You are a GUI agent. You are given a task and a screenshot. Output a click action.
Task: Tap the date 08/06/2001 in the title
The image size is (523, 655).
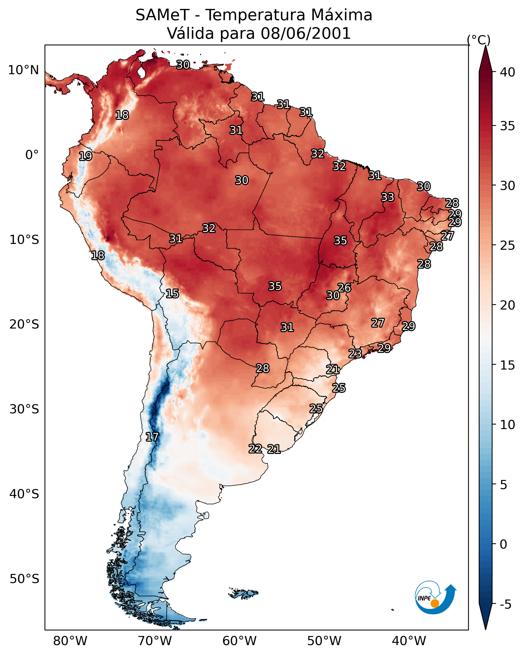pyautogui.click(x=305, y=33)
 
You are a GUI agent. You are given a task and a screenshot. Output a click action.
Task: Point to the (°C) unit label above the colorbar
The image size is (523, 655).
pyautogui.click(x=479, y=40)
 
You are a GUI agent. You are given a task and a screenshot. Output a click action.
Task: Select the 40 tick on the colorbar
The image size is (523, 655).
pyautogui.click(x=508, y=72)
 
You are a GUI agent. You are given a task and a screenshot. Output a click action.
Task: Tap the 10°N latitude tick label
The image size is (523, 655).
pyautogui.click(x=23, y=70)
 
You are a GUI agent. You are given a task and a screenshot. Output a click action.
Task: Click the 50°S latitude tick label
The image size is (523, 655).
pyautogui.click(x=24, y=579)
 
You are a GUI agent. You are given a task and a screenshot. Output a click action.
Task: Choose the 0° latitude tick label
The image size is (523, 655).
pyautogui.click(x=32, y=155)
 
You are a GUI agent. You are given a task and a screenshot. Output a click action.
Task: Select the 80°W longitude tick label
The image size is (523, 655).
pyautogui.click(x=70, y=641)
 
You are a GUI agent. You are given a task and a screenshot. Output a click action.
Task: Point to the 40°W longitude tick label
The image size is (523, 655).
pyautogui.click(x=409, y=641)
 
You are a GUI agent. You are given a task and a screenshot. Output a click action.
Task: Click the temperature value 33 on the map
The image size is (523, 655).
pyautogui.click(x=388, y=197)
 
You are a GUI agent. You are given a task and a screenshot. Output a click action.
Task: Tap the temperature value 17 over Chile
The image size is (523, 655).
pyautogui.click(x=152, y=437)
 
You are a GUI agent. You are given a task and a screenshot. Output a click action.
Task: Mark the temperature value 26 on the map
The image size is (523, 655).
pyautogui.click(x=344, y=288)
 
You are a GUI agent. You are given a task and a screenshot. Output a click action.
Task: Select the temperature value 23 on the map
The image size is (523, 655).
pyautogui.click(x=355, y=353)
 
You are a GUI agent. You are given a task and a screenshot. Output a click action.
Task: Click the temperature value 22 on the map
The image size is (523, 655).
pyautogui.click(x=255, y=449)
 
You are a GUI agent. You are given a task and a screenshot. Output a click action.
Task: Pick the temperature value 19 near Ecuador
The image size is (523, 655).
pyautogui.click(x=85, y=156)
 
